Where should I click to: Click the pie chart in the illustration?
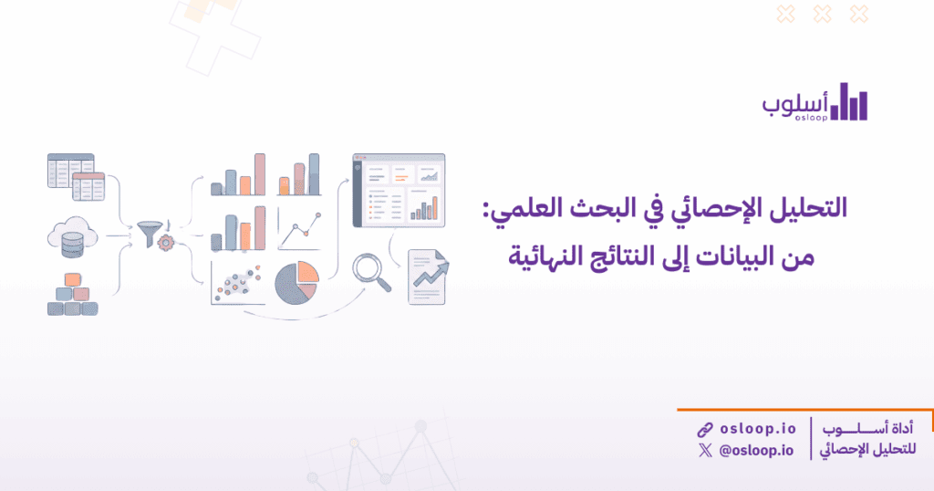coord(296,281)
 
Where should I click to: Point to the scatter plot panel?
coord(237,283)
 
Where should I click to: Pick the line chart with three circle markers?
coord(299,231)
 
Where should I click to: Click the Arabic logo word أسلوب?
coord(794,103)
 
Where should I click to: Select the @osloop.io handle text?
coord(756,450)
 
